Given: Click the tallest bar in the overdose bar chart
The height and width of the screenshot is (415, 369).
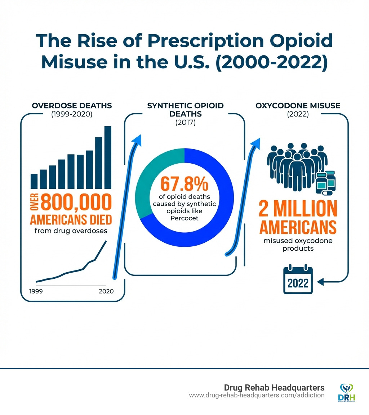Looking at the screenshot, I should click(108, 157).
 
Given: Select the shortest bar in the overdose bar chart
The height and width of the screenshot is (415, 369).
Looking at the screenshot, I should click(34, 181).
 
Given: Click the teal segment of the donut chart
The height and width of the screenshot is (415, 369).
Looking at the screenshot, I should click(152, 180).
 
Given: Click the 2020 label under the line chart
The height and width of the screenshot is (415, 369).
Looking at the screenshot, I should click(106, 291).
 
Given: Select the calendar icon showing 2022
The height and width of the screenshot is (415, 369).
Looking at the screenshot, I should click(298, 280).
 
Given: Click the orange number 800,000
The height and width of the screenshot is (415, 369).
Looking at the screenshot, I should click(76, 202).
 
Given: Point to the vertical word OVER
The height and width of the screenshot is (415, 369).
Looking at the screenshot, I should click(35, 202).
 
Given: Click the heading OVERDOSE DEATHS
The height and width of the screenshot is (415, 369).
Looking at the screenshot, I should click(72, 105).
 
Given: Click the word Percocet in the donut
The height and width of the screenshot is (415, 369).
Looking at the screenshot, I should click(184, 218).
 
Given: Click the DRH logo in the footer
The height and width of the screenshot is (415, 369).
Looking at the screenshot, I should click(347, 392).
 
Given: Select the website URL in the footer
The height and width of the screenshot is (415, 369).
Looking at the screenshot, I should click(257, 395).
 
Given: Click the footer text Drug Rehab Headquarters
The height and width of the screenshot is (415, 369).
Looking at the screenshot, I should click(274, 387).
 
